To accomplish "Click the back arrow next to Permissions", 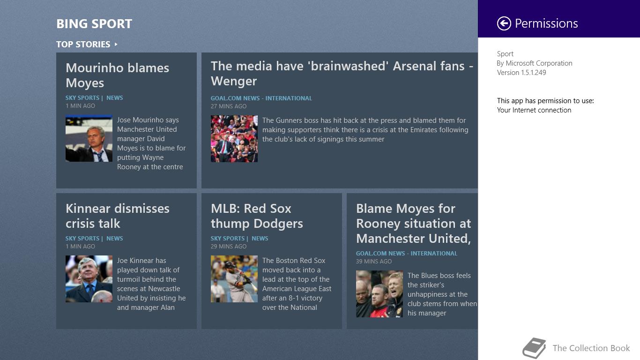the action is pyautogui.click(x=504, y=23).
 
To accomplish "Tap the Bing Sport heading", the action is pyautogui.click(x=94, y=24).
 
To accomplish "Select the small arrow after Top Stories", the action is pyautogui.click(x=116, y=45).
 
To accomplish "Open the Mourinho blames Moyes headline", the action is pyautogui.click(x=117, y=75).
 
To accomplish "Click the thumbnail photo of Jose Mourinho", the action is pyautogui.click(x=89, y=138).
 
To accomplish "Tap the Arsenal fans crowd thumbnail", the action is pyautogui.click(x=234, y=139).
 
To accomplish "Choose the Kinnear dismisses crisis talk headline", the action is pyautogui.click(x=118, y=216).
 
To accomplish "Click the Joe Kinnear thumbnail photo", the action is pyautogui.click(x=89, y=279).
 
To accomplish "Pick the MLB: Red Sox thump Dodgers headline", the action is pyautogui.click(x=257, y=216).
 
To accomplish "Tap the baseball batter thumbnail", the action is pyautogui.click(x=234, y=279).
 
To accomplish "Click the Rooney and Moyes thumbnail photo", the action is pyautogui.click(x=379, y=294).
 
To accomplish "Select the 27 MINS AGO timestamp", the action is pyautogui.click(x=228, y=106).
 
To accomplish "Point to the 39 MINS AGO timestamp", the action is pyautogui.click(x=374, y=262).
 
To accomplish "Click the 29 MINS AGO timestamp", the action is pyautogui.click(x=228, y=247).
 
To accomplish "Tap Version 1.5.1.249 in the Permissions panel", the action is pyautogui.click(x=521, y=73).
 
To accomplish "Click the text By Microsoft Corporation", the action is pyautogui.click(x=534, y=63).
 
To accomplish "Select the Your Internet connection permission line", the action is pyautogui.click(x=534, y=110).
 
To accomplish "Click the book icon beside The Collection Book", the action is pyautogui.click(x=534, y=348).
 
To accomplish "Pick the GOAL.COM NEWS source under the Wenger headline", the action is pyautogui.click(x=235, y=98).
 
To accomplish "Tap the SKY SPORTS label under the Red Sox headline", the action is pyautogui.click(x=227, y=239).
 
